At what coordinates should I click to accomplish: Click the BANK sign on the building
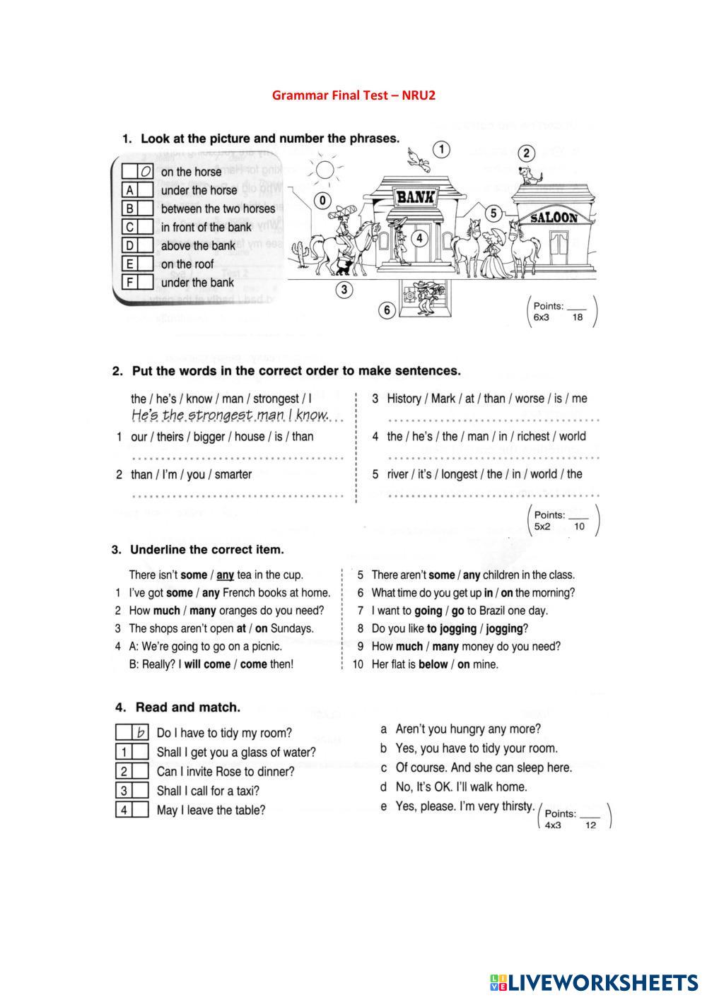tap(416, 197)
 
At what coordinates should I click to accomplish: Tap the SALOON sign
tap(554, 218)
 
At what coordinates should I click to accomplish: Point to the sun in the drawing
tap(325, 170)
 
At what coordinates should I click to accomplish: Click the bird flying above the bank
tap(419, 160)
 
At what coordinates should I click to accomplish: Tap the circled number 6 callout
tap(386, 310)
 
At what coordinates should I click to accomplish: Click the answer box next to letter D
tap(145, 245)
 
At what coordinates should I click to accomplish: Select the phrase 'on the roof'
tap(187, 264)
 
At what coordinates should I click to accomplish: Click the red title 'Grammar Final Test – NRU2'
tap(353, 95)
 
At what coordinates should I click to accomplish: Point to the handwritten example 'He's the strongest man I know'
tap(230, 415)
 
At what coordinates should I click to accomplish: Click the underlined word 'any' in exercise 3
tap(225, 575)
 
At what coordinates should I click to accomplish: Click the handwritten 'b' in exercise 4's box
tap(141, 733)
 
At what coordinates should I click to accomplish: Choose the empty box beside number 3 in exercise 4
tap(140, 791)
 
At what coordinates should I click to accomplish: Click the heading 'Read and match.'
tap(187, 707)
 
